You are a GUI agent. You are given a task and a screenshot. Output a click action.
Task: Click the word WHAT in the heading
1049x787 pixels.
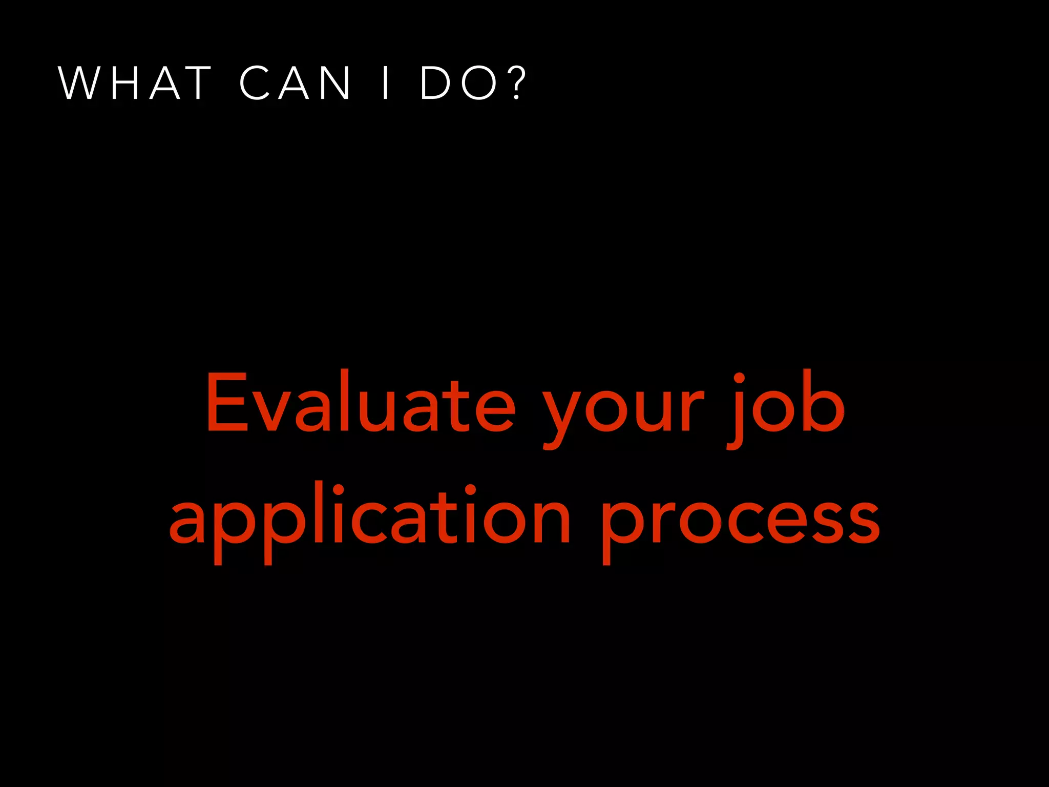135,83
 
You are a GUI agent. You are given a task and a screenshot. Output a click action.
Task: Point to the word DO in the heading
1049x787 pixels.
458,83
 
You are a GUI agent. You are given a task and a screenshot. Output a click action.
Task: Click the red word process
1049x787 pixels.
741,520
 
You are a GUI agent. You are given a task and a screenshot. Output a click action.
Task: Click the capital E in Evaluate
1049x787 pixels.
226,402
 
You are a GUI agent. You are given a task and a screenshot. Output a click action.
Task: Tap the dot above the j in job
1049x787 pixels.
739,379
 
